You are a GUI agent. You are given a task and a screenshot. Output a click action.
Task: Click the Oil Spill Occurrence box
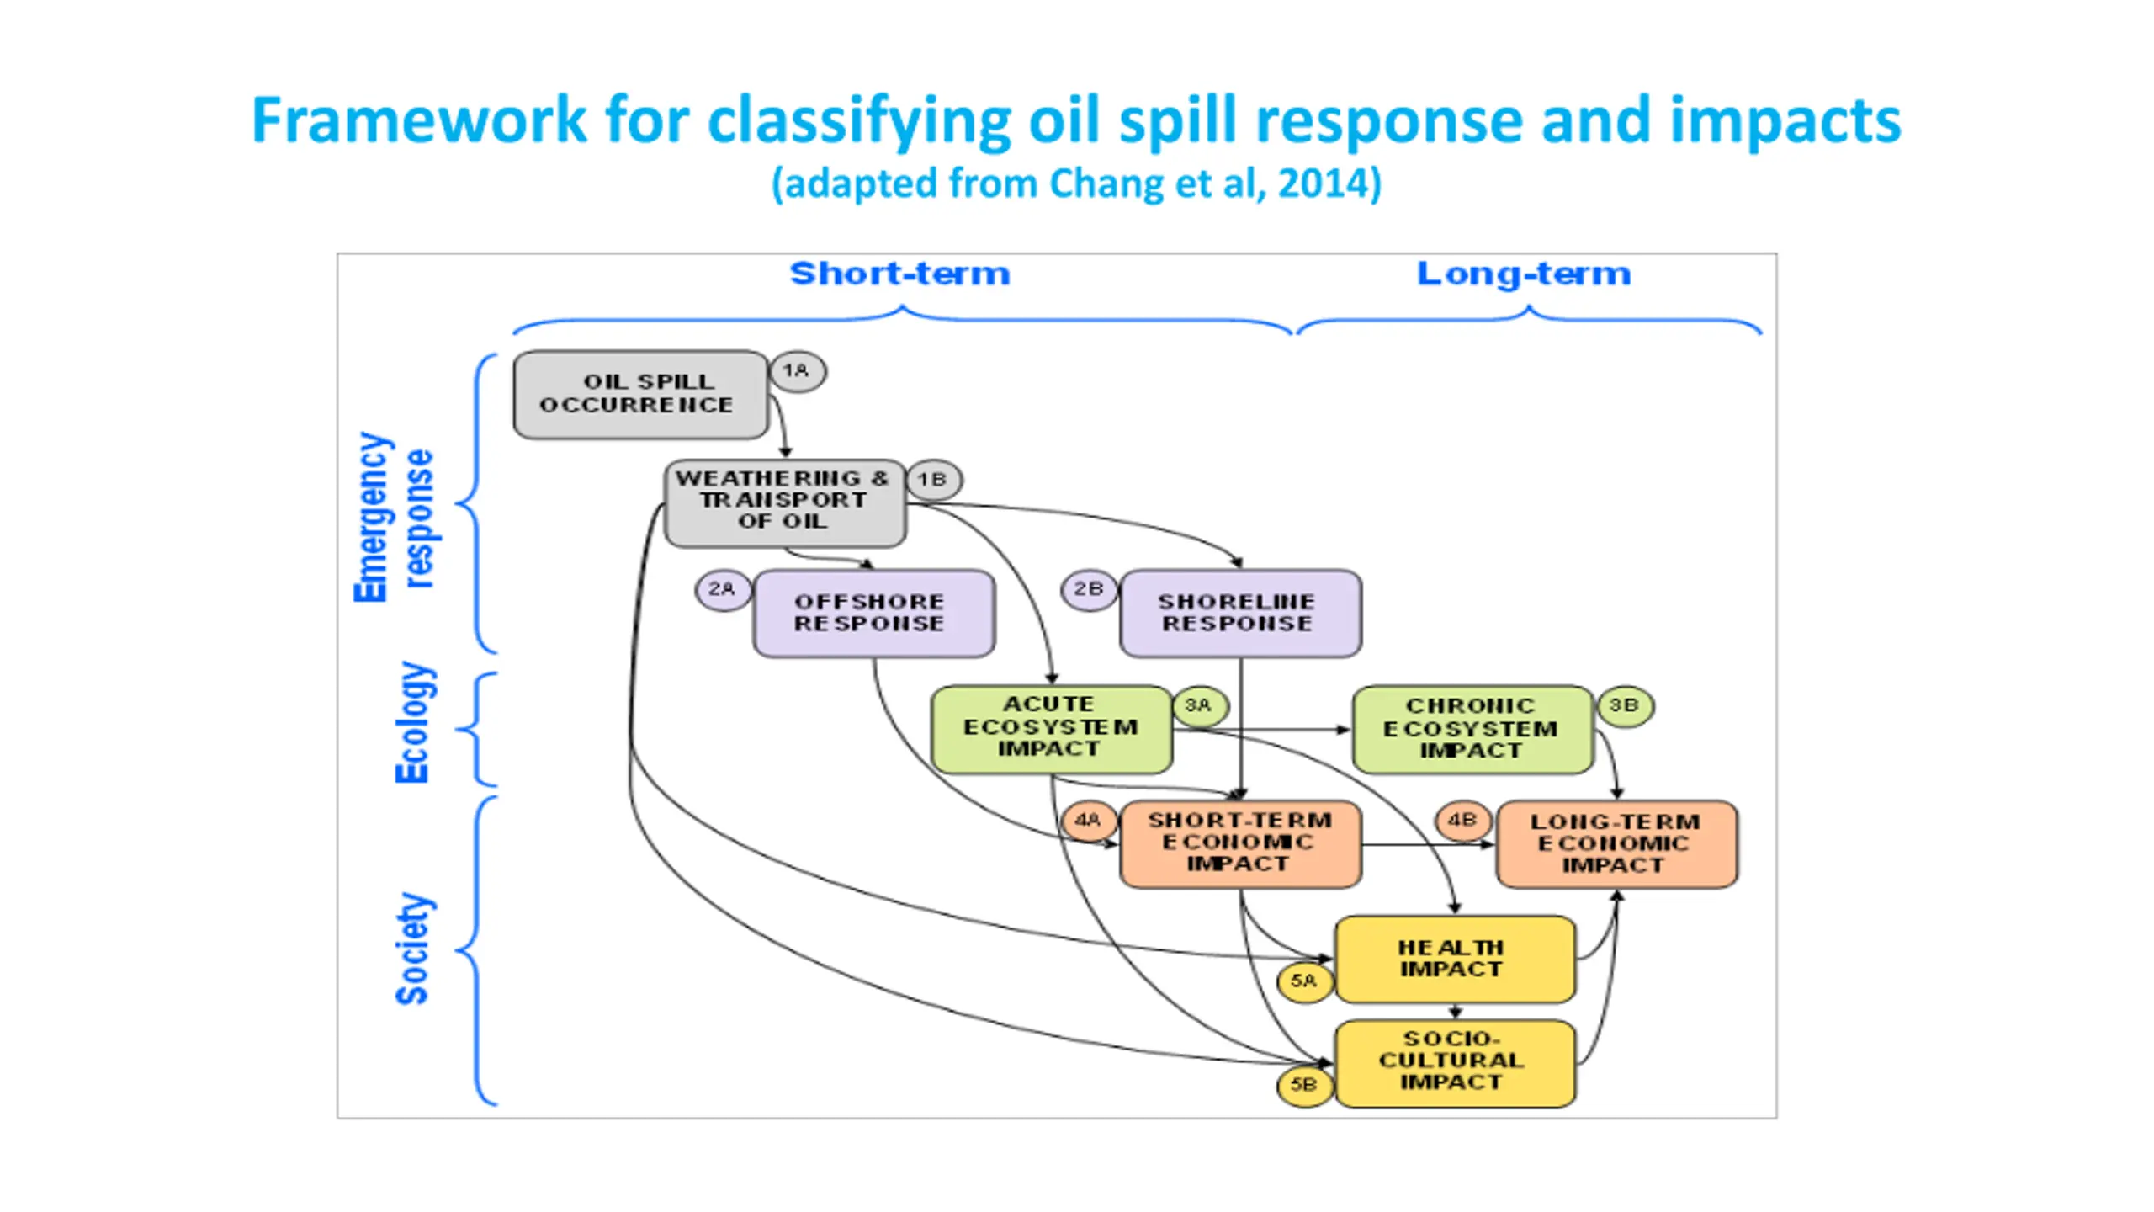point(641,395)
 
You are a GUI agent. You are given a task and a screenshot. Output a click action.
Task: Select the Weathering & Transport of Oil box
point(785,502)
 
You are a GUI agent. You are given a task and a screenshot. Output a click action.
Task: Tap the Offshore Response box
point(874,614)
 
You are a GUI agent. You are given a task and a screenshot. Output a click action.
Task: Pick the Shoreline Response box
point(1241,614)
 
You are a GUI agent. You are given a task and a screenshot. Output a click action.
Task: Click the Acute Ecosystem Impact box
point(1052,729)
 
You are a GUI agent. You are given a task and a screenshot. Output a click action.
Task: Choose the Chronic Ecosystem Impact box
point(1473,729)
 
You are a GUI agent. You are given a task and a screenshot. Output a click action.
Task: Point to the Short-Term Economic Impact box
point(1241,844)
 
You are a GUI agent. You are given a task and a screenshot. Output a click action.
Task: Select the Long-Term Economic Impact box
point(1617,844)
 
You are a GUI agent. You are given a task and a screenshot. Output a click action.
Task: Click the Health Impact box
point(1456,959)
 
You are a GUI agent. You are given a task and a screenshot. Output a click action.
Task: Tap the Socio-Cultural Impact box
point(1456,1064)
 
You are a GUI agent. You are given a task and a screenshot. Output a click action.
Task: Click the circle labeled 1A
point(798,371)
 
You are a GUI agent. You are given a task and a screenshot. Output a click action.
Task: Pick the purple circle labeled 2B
point(1090,590)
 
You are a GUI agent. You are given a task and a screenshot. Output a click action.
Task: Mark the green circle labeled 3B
point(1625,705)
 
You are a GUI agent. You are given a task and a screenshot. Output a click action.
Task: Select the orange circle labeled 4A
point(1089,821)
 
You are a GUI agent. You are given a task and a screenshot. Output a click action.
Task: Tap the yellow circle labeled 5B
point(1305,1086)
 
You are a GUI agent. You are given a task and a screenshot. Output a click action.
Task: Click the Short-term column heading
point(899,274)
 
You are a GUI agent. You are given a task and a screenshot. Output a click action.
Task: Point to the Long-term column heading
point(1524,274)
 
